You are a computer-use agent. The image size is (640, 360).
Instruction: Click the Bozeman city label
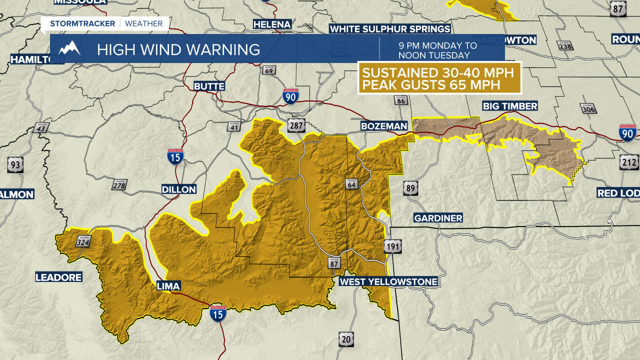click(384, 126)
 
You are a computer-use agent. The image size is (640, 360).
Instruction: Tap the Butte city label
click(209, 86)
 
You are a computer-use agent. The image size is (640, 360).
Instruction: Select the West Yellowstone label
click(388, 281)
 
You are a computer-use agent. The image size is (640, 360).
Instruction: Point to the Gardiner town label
click(438, 218)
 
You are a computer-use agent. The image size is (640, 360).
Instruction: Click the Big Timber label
click(509, 106)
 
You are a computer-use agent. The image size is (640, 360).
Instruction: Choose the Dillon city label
click(178, 189)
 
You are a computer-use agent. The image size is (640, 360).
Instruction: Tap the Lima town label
click(168, 286)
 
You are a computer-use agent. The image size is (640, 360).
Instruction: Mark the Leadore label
click(58, 277)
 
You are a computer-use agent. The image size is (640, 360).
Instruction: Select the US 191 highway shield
click(393, 246)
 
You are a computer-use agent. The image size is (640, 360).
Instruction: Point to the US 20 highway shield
click(345, 338)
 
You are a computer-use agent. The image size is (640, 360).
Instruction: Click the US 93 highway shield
click(15, 164)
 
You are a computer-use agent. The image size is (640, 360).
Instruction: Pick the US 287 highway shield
click(295, 126)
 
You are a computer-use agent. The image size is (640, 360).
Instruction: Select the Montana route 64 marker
click(351, 184)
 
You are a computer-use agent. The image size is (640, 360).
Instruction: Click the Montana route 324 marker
click(83, 242)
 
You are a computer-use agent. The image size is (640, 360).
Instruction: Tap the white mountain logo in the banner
click(69, 48)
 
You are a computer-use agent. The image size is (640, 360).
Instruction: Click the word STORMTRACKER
click(82, 23)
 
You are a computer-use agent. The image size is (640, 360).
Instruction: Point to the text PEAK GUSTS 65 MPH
click(431, 85)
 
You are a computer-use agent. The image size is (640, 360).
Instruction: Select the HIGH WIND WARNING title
click(178, 49)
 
